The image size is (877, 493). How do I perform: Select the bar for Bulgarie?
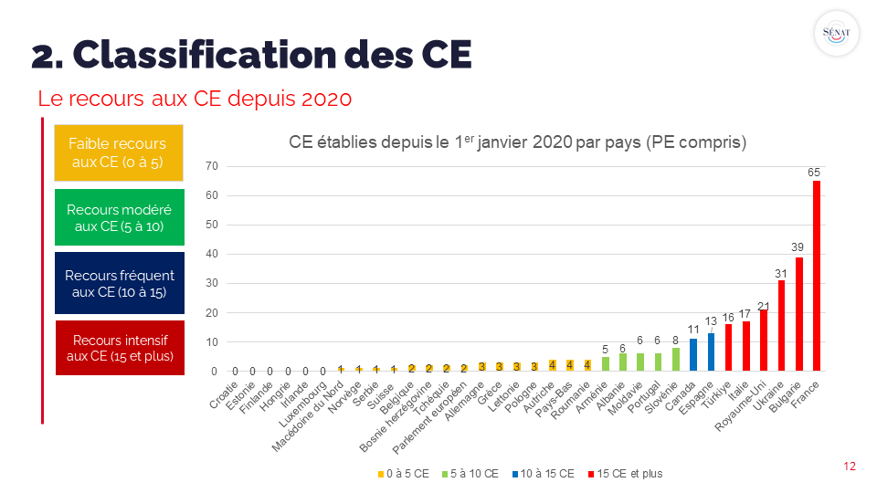click(x=799, y=314)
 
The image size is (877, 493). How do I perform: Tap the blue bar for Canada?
click(x=693, y=355)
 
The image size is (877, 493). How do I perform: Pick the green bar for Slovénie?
click(x=676, y=360)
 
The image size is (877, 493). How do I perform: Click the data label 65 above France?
click(x=814, y=172)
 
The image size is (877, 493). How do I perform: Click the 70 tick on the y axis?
click(x=211, y=166)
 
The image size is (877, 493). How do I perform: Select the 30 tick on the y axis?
click(x=211, y=284)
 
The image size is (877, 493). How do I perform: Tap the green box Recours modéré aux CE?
click(x=119, y=217)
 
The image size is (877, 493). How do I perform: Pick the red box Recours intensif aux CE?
click(x=119, y=348)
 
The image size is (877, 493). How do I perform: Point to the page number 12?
click(x=850, y=467)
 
